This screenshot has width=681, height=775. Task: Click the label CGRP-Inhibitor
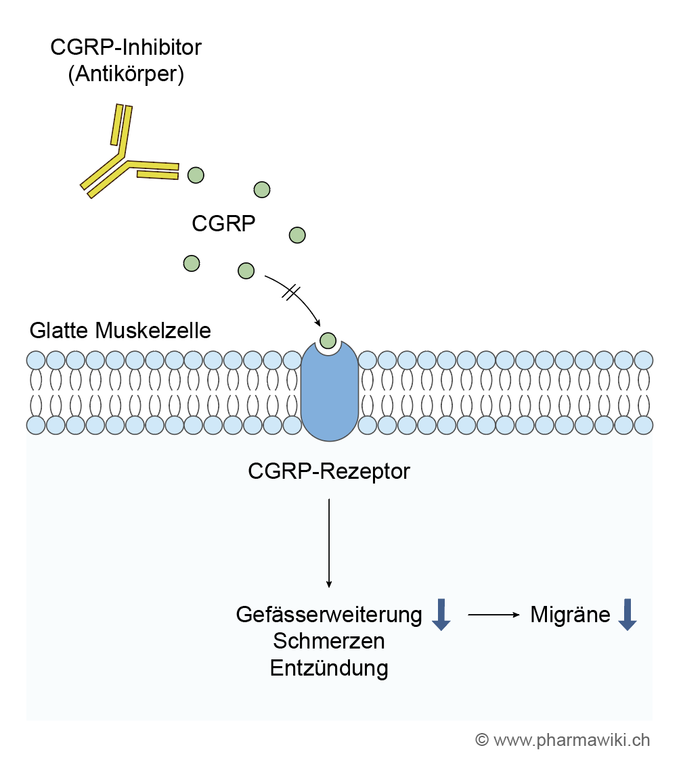point(126,47)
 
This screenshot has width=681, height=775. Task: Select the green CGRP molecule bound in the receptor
point(328,340)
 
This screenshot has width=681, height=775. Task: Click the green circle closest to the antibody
point(196,175)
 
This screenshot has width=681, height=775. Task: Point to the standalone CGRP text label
point(223,223)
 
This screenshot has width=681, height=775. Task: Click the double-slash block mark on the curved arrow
point(290,292)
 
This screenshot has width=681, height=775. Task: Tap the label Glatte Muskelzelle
point(120,331)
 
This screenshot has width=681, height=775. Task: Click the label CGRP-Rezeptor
point(329,471)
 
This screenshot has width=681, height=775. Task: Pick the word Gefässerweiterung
point(329,615)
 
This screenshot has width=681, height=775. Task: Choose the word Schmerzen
point(329,640)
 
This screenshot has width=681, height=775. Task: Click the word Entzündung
point(329,667)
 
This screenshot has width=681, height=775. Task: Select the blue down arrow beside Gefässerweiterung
point(441,614)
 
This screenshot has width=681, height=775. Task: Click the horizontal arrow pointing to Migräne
point(493,615)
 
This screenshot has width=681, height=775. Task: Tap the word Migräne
point(570,615)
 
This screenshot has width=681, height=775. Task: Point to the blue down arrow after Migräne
point(628,614)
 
